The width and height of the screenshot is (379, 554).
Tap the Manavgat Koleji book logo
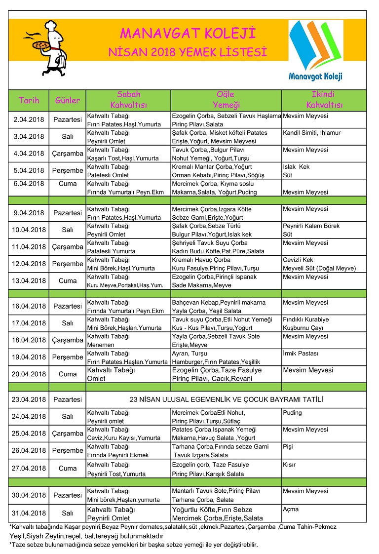[x=315, y=49]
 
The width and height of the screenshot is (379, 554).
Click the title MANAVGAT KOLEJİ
[x=188, y=34]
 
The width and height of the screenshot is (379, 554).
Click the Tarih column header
[x=29, y=100]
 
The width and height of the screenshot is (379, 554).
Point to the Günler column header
[x=68, y=100]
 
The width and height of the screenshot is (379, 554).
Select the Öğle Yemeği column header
[x=226, y=100]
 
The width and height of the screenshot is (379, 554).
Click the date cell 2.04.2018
[x=29, y=120]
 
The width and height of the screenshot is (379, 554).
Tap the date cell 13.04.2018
[x=29, y=280]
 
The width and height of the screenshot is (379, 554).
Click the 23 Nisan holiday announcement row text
[x=226, y=399]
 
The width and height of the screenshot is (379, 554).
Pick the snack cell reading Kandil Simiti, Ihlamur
[x=311, y=133]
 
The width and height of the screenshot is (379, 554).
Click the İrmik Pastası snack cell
[x=301, y=353]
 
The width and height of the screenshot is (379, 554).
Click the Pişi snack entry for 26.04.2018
[x=288, y=446]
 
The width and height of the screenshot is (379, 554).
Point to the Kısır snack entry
[x=289, y=465]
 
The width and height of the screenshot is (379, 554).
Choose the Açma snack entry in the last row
[x=291, y=509]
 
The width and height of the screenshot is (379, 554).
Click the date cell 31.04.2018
[x=29, y=513]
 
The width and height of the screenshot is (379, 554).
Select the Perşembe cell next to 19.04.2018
[x=68, y=357]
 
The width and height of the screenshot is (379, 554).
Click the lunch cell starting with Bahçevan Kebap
[x=226, y=306]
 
